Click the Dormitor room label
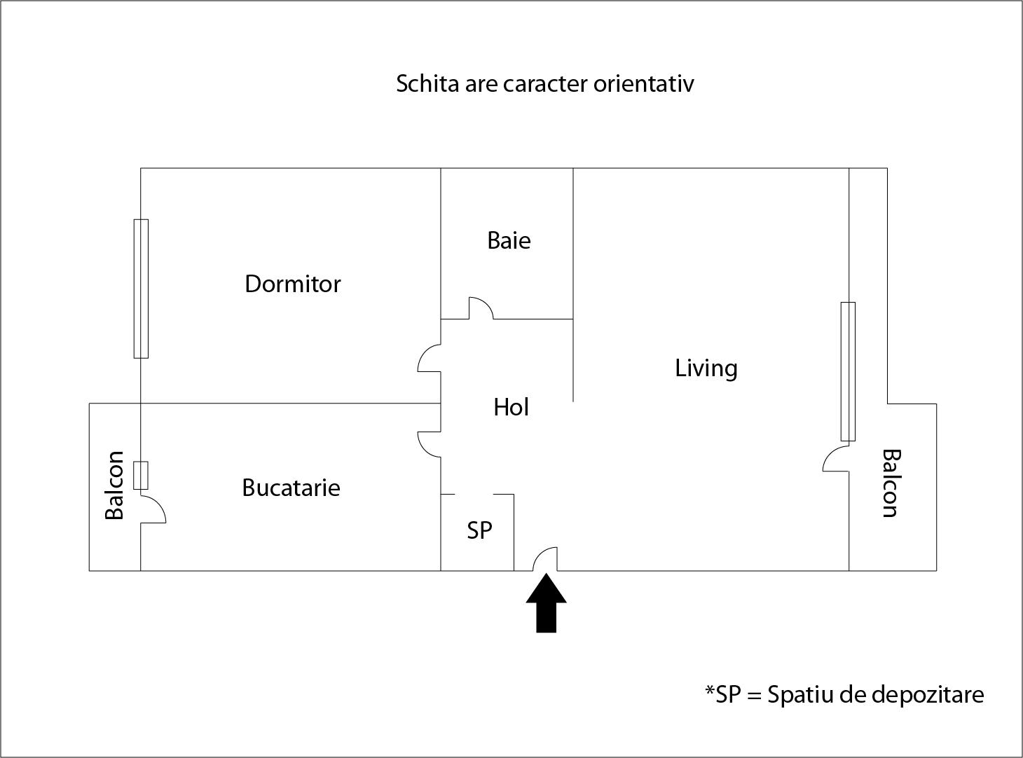click(x=293, y=284)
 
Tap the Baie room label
click(x=509, y=240)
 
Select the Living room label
click(x=706, y=368)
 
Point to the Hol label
click(x=511, y=407)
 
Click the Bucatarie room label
click(x=291, y=488)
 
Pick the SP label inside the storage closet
click(x=479, y=530)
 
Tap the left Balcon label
click(x=114, y=485)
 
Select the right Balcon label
click(x=890, y=483)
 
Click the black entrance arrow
click(x=546, y=605)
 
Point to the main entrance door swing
click(x=546, y=559)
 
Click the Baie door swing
click(x=481, y=308)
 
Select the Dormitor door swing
click(x=430, y=358)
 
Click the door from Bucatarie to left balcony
click(x=153, y=509)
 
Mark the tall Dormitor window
click(x=141, y=289)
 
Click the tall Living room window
click(x=848, y=371)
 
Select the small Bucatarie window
click(x=141, y=476)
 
